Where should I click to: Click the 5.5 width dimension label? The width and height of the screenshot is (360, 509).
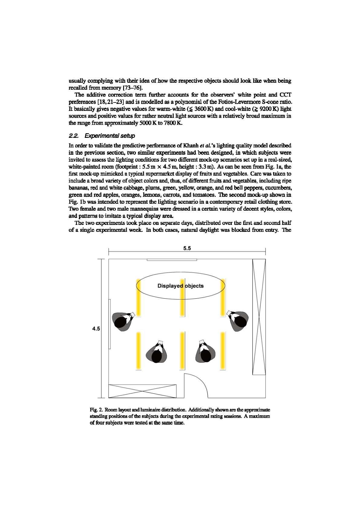tap(187, 248)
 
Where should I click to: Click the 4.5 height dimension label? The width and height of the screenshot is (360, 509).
tap(96, 329)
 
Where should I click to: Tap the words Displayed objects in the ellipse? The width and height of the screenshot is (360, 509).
tap(181, 286)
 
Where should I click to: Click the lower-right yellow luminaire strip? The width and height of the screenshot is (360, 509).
tap(223, 351)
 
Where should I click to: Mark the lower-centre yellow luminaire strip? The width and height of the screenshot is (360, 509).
tap(182, 351)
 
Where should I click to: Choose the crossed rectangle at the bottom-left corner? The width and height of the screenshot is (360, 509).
tap(142, 391)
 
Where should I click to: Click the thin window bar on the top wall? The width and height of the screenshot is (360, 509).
tap(172, 260)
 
